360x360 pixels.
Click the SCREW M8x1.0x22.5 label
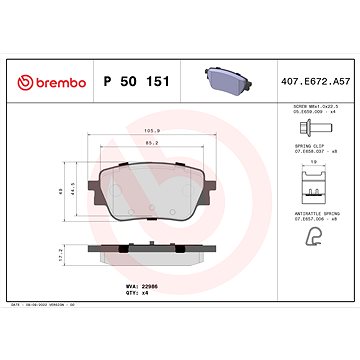click(x=309, y=107)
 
